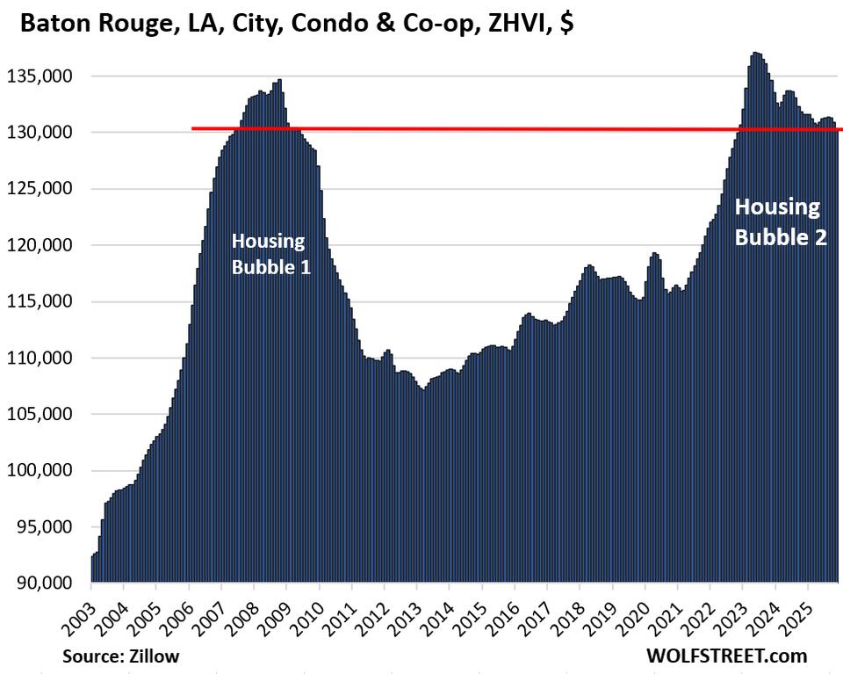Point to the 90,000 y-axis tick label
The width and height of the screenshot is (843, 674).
[45, 583]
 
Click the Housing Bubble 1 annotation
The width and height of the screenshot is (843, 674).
[270, 254]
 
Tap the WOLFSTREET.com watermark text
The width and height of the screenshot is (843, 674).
[725, 656]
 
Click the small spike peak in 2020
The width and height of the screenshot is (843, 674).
[654, 255]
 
